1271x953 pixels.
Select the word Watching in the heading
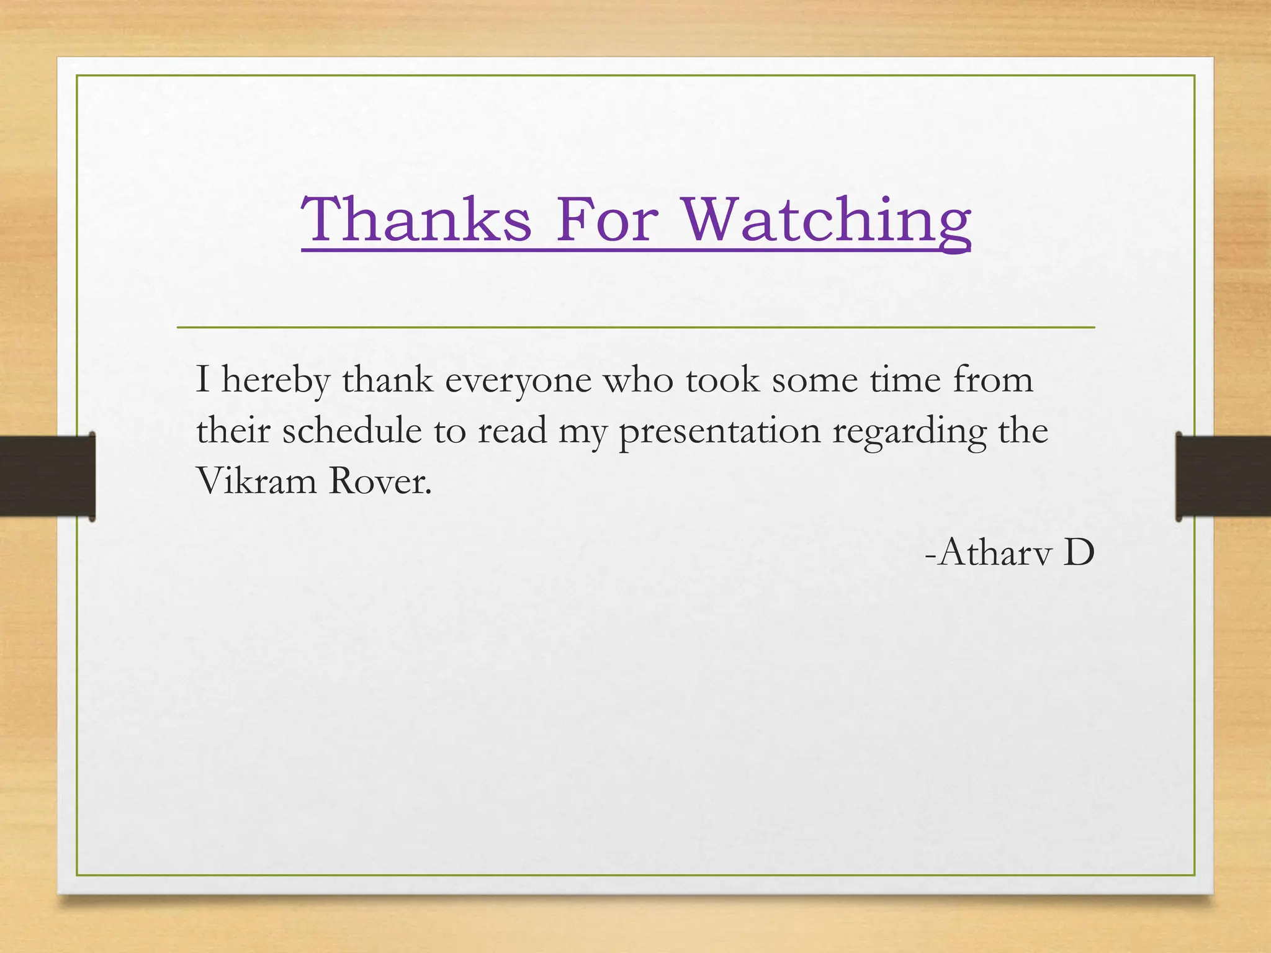827,220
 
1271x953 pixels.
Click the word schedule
352,430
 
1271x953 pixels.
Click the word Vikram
256,480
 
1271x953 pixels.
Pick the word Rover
380,480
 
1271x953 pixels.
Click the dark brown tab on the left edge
47,476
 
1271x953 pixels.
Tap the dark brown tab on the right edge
1223,476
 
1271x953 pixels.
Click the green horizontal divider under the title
635,327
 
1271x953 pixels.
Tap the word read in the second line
512,430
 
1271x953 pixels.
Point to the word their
233,430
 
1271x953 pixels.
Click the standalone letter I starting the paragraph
202,380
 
